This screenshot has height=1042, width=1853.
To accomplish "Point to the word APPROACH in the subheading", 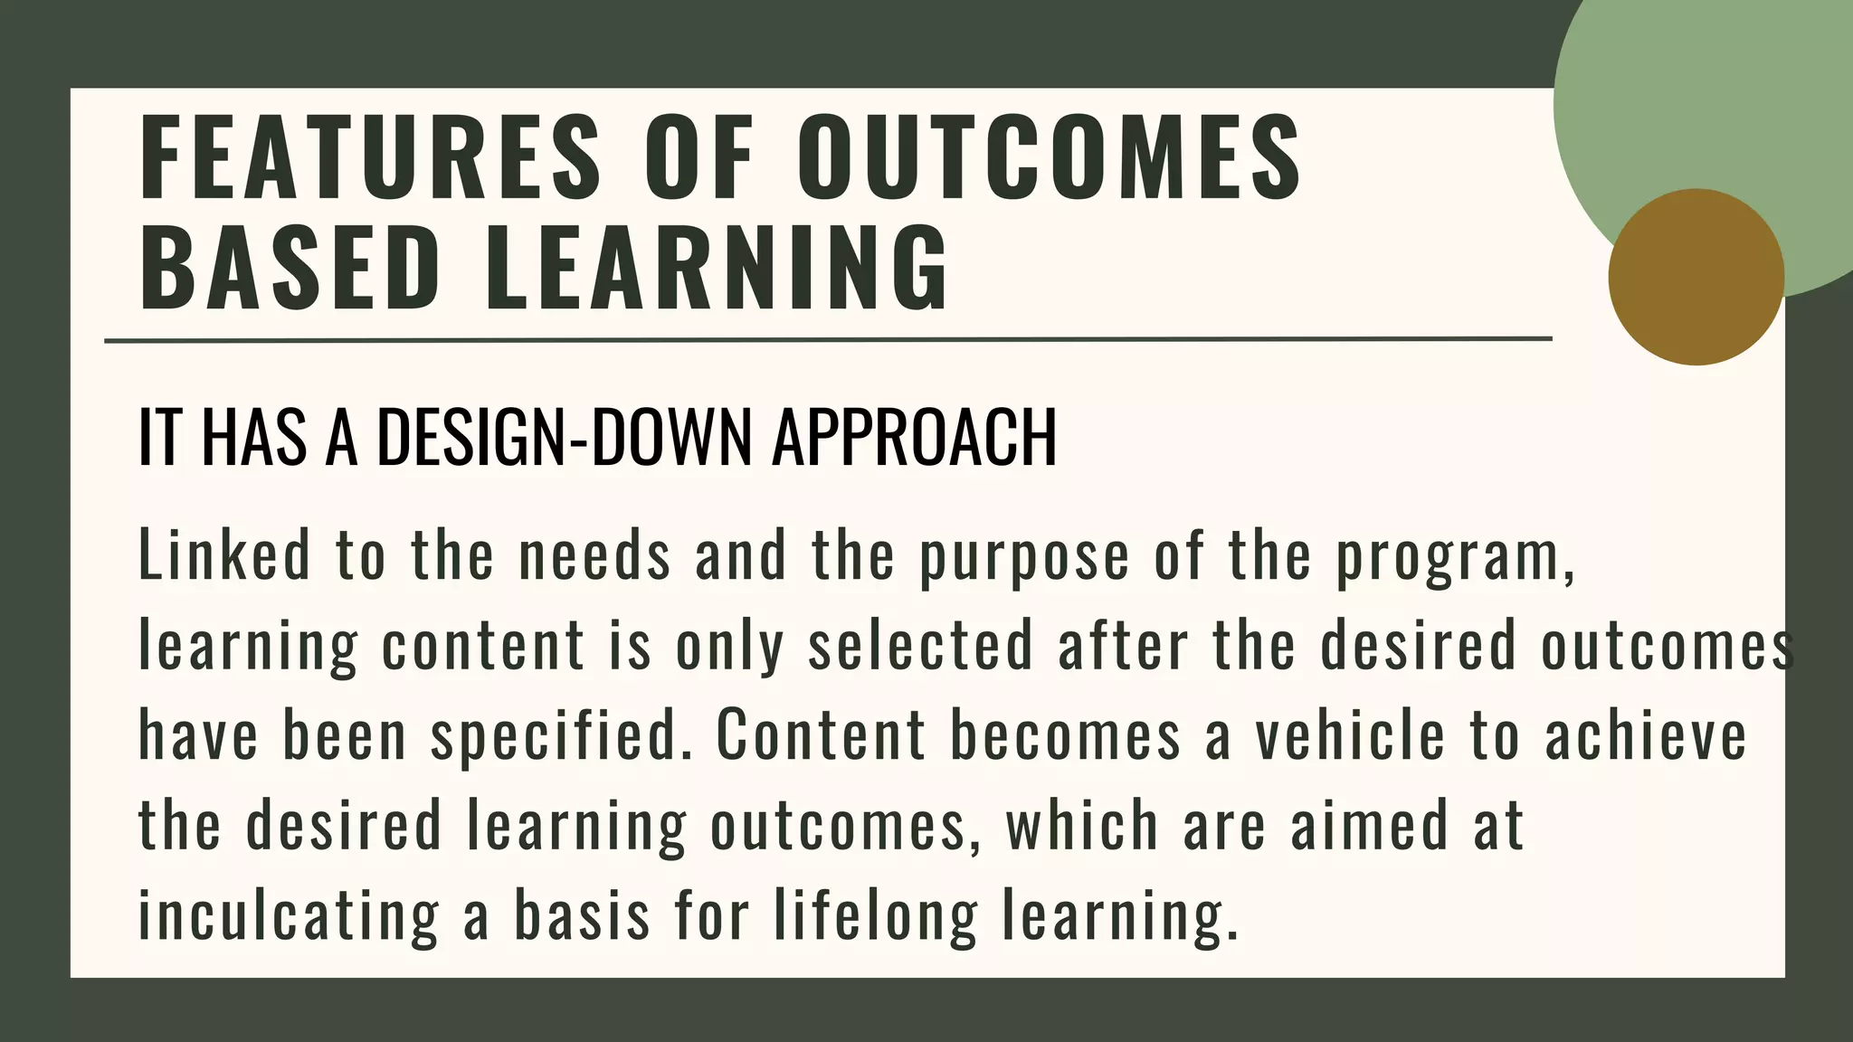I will pyautogui.click(x=914, y=438).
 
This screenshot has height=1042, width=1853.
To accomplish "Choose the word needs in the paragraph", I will pyautogui.click(x=594, y=554).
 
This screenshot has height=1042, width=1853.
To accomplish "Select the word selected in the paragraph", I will pyautogui.click(x=920, y=646).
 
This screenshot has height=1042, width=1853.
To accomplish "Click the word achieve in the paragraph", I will pyautogui.click(x=1646, y=734).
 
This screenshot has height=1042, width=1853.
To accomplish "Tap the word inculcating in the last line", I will pyautogui.click(x=289, y=915).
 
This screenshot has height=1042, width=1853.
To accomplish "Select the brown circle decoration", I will pyautogui.click(x=1696, y=277).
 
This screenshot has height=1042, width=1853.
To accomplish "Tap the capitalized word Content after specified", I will pyautogui.click(x=822, y=734).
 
